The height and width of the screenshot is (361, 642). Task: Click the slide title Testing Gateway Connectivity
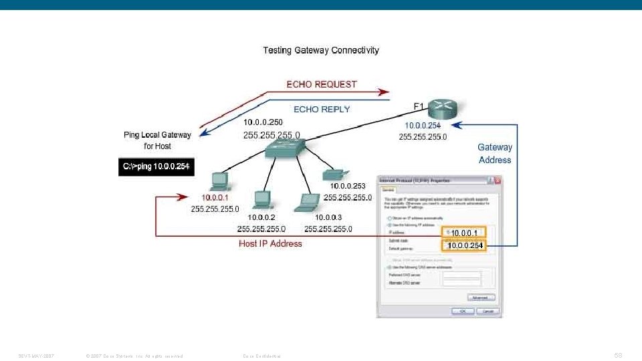[x=320, y=50]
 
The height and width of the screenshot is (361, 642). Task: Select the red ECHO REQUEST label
[x=322, y=84]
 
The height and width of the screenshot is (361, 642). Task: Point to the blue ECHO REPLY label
[x=322, y=109]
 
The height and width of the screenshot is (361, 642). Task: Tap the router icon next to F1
[x=442, y=108]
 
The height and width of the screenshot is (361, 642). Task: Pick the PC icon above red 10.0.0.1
[x=218, y=180]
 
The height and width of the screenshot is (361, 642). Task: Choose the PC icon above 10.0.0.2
[x=261, y=199]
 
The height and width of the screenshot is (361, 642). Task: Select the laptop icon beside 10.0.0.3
[x=310, y=200]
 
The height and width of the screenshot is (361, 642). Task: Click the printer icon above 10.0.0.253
[x=333, y=174]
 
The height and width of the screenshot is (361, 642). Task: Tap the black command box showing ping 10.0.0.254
[x=156, y=166]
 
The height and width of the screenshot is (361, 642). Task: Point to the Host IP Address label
[x=270, y=244]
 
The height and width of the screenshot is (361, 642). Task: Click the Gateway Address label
[x=495, y=153]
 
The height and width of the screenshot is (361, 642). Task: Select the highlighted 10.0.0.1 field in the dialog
[x=463, y=233]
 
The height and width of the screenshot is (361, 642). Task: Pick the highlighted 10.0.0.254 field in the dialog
[x=465, y=246]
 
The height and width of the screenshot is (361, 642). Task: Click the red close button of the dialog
[x=497, y=180]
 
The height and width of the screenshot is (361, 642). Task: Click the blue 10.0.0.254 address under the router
[x=423, y=125]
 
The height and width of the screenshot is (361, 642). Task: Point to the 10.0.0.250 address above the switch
[x=263, y=122]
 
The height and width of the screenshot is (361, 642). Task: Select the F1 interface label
[x=419, y=106]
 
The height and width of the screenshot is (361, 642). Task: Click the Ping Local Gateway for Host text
[x=157, y=140]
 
